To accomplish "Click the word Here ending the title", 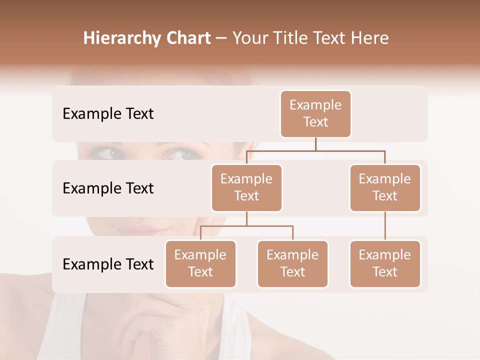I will pos(369,38).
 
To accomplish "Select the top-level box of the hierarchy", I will pos(315,114).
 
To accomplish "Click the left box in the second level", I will pos(246,188).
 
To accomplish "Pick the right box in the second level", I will pos(385,188).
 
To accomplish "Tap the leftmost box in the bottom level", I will pos(200,264).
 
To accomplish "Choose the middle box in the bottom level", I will pos(292,264).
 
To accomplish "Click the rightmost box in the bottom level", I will pos(385,264).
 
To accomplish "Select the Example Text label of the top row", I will pos(108,114).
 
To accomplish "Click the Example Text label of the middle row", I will pos(108,188).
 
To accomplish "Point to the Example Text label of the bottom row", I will pos(108,264).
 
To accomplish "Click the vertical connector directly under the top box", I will pos(315,144).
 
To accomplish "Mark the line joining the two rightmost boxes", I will pos(385,226).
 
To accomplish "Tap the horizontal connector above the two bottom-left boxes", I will pos(246,226).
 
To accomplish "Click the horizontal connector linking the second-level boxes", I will pos(315,150).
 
